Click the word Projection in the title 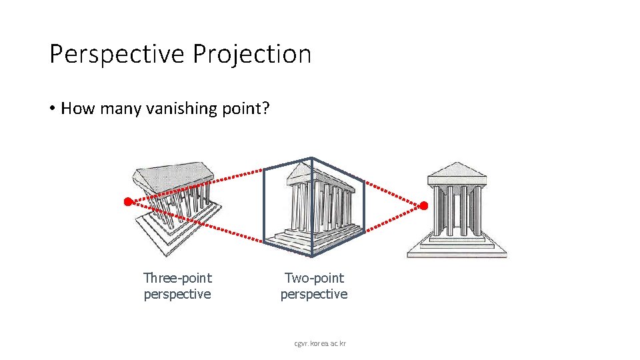coord(252,54)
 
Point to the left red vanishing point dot coord(127,201)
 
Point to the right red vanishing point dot coord(423,205)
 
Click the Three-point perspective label coord(177,286)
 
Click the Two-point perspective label coord(314,286)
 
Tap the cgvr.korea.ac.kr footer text coord(320,343)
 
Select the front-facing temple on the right coord(457,210)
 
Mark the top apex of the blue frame coord(312,158)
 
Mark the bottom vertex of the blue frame coord(312,256)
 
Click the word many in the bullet coord(120,108)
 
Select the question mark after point coord(265,108)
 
